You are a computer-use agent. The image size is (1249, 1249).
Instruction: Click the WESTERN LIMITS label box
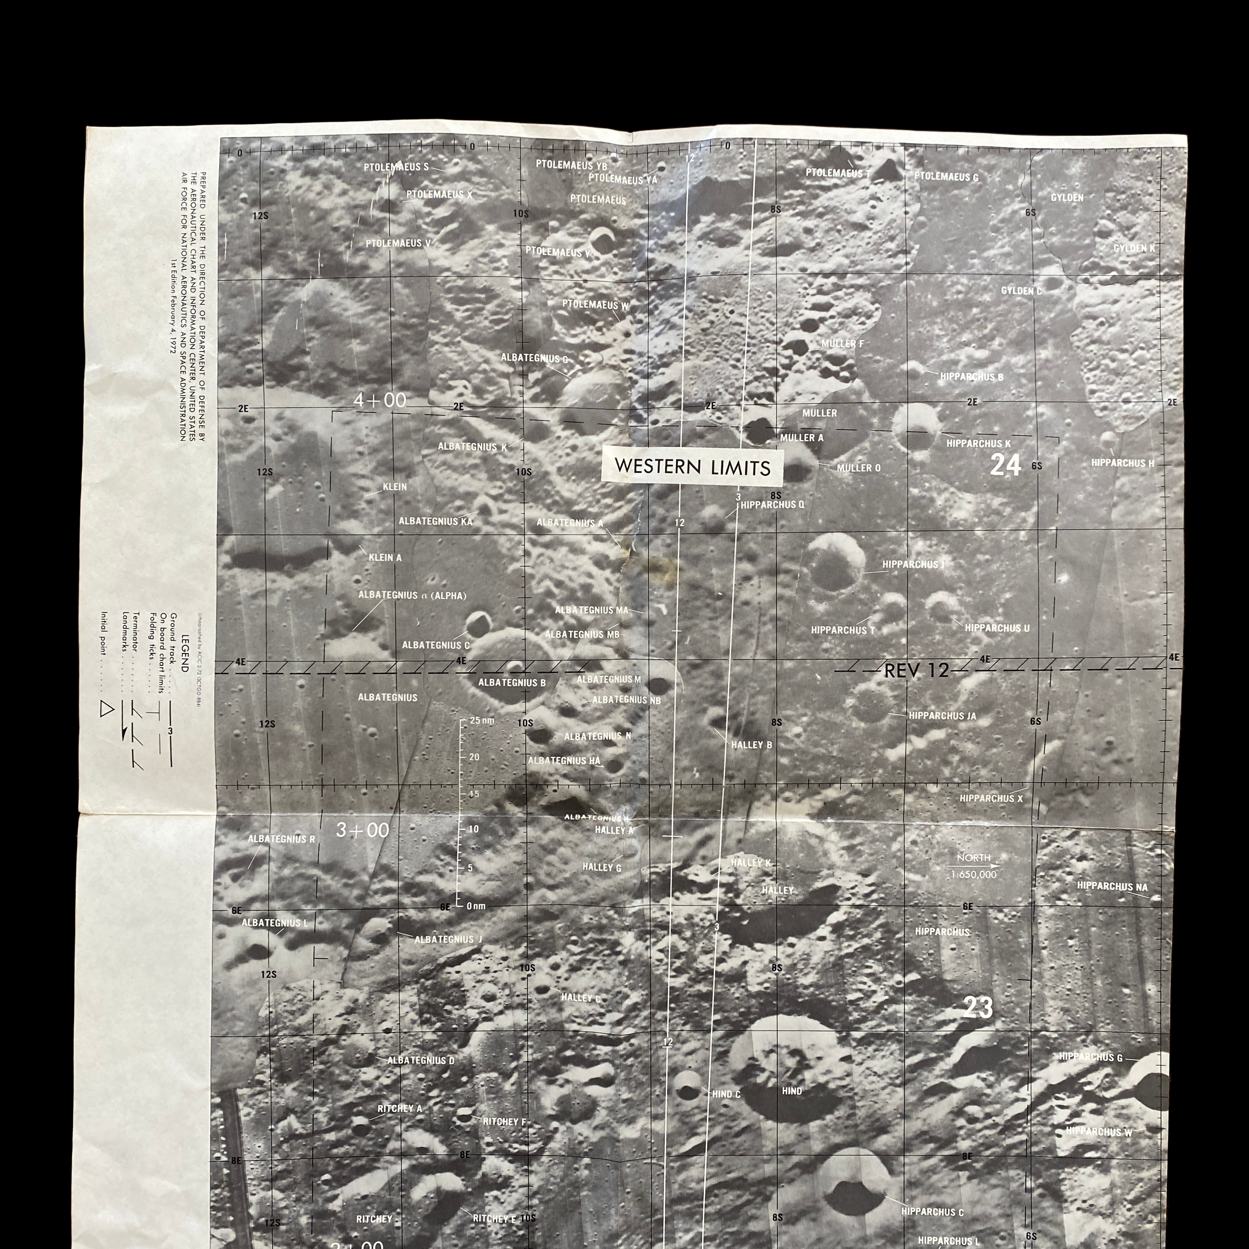[692, 466]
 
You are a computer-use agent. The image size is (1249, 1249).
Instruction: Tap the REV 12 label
[916, 670]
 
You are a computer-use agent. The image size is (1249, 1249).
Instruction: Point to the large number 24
[1005, 465]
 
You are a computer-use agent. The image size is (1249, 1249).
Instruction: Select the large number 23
[978, 1007]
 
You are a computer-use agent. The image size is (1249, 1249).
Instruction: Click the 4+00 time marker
[380, 401]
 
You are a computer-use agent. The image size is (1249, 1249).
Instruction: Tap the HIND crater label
[792, 1091]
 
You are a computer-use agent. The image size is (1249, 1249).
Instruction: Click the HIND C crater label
[726, 1094]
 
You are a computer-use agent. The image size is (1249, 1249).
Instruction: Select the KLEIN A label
[385, 557]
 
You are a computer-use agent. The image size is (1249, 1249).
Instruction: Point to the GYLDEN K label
[1134, 248]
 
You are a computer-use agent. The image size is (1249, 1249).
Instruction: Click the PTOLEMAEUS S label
[396, 167]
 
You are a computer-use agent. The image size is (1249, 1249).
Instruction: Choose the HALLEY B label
[752, 745]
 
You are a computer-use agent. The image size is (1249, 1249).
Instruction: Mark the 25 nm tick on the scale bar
[479, 720]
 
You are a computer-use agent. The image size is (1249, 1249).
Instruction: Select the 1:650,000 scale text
[974, 875]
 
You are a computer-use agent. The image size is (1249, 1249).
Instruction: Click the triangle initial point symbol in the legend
[106, 710]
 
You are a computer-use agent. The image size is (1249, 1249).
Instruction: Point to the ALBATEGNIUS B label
[512, 682]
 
